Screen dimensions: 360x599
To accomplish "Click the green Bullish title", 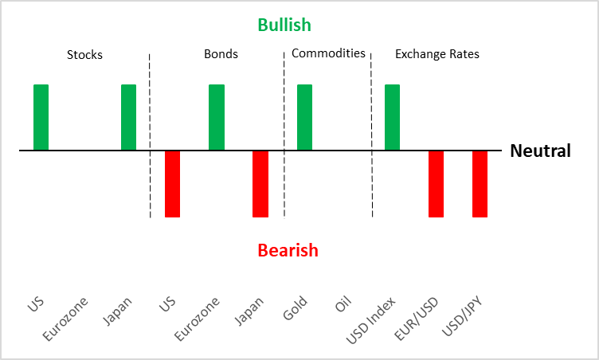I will tap(284, 25).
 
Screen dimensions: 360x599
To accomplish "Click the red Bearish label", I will tap(288, 250).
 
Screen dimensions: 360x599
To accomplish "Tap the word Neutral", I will tap(540, 151).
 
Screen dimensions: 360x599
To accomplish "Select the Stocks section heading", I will tap(84, 55).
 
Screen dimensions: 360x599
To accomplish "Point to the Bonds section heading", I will tap(221, 55).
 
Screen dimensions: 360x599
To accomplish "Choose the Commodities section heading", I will tap(328, 54).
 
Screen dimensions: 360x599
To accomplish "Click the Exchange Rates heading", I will tap(437, 55).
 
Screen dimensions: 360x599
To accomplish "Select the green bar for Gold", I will tap(304, 117).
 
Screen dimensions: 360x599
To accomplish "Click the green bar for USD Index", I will tap(392, 117).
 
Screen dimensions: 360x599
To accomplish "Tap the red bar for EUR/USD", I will tap(436, 183).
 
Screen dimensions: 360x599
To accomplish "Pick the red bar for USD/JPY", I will tap(480, 183).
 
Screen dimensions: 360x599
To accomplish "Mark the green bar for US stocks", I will tap(41, 117).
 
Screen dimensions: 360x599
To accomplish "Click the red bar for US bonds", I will tap(172, 183).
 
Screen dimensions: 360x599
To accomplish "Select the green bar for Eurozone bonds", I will tap(217, 117).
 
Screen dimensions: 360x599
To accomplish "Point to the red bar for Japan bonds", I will tap(260, 183).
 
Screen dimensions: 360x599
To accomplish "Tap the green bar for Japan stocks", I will tap(128, 117).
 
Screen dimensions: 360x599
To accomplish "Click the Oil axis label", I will tap(343, 306).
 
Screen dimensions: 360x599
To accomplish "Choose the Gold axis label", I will tap(296, 309).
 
